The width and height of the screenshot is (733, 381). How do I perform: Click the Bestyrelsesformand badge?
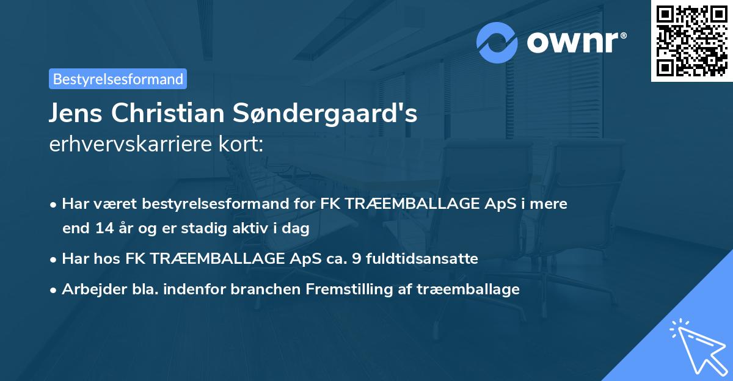click(118, 79)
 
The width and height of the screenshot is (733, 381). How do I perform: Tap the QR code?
click(691, 41)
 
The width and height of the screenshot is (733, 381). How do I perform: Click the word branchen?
click(260, 289)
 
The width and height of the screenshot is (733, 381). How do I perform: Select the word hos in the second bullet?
click(108, 259)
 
